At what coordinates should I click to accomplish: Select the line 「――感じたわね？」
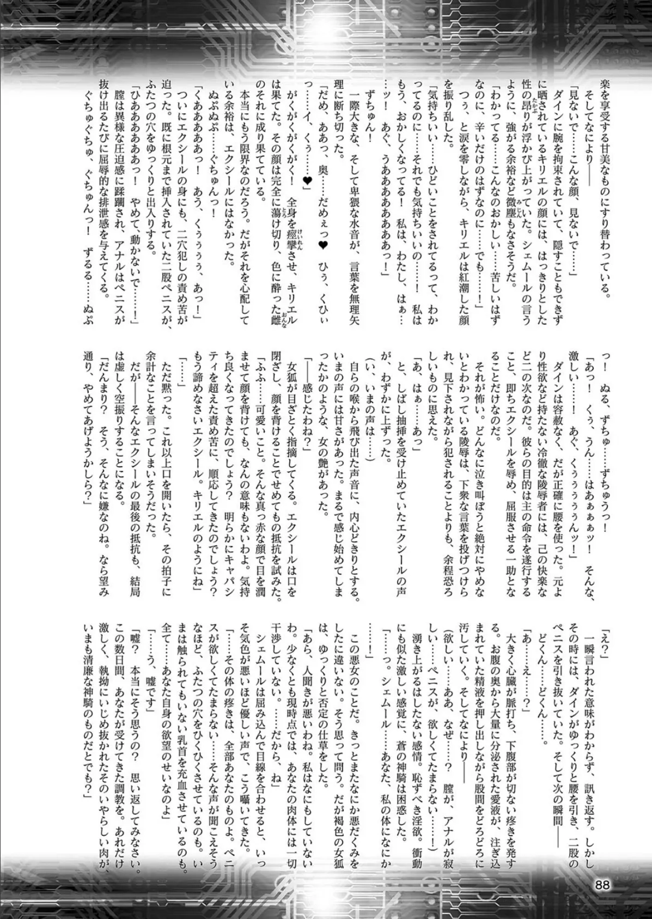pyautogui.click(x=309, y=379)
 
